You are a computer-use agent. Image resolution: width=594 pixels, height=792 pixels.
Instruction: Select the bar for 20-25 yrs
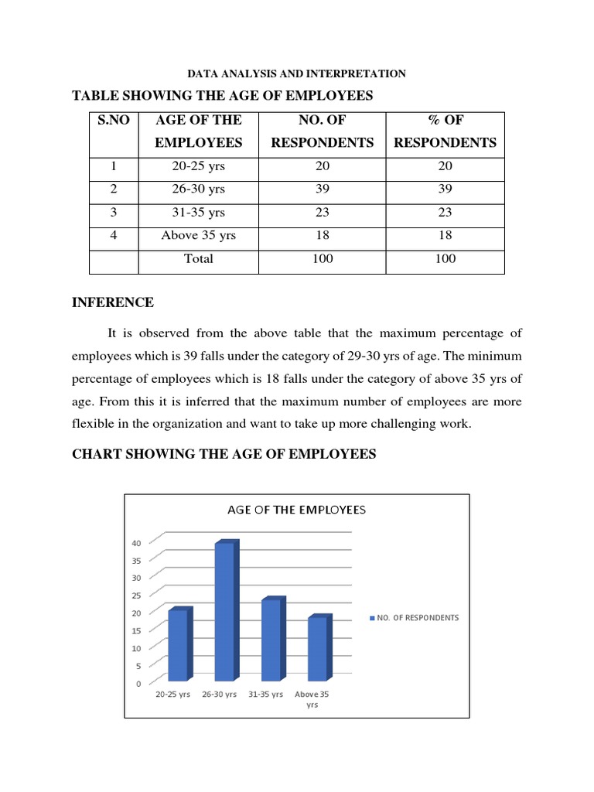click(179, 646)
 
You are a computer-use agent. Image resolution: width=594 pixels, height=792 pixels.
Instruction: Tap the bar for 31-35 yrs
click(272, 640)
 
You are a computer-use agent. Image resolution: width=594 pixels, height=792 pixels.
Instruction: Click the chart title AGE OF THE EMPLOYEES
click(296, 510)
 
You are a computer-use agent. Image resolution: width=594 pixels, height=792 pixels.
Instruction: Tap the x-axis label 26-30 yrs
click(219, 695)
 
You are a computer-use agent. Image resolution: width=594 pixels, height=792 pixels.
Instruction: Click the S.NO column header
click(114, 120)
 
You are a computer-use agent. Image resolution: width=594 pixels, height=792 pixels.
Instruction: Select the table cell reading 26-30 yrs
click(198, 189)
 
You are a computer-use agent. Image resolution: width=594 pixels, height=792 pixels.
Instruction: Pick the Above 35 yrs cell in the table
click(198, 236)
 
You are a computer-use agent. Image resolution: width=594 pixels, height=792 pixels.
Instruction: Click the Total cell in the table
click(198, 259)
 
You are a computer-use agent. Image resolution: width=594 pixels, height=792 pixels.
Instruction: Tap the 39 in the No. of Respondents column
click(322, 189)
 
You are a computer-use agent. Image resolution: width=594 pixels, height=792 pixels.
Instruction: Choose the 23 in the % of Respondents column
click(445, 213)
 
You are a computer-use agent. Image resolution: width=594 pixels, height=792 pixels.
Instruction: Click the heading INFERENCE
click(113, 302)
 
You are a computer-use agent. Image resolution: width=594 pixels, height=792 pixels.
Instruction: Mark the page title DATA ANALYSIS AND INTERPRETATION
click(298, 74)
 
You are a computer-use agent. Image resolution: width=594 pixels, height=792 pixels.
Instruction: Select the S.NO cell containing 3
click(114, 213)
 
